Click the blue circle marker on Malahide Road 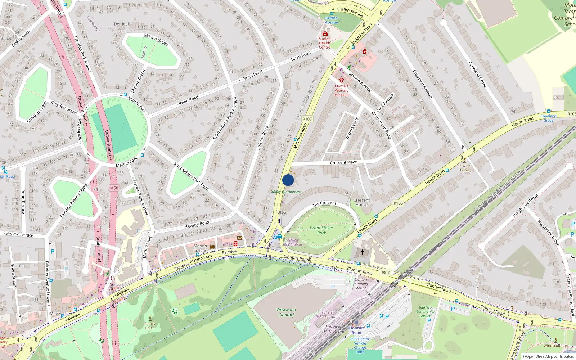coord(288,180)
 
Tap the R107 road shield coord(307,119)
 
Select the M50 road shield coord(114,188)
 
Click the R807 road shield coord(385,273)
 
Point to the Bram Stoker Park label coord(321,230)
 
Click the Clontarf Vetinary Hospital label coord(342,90)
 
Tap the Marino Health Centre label coord(324,43)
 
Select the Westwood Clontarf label coord(286,312)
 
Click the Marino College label coord(200,248)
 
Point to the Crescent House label coord(361,202)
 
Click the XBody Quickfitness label coord(286,192)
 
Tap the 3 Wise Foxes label coord(465,168)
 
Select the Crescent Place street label coord(343,162)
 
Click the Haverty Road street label coord(197,224)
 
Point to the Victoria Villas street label coord(352,128)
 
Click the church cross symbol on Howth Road coord(363,252)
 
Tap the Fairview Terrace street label coord(18,234)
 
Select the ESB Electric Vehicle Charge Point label coord(360,345)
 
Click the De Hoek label coord(122,24)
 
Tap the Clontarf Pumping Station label coord(361,284)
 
